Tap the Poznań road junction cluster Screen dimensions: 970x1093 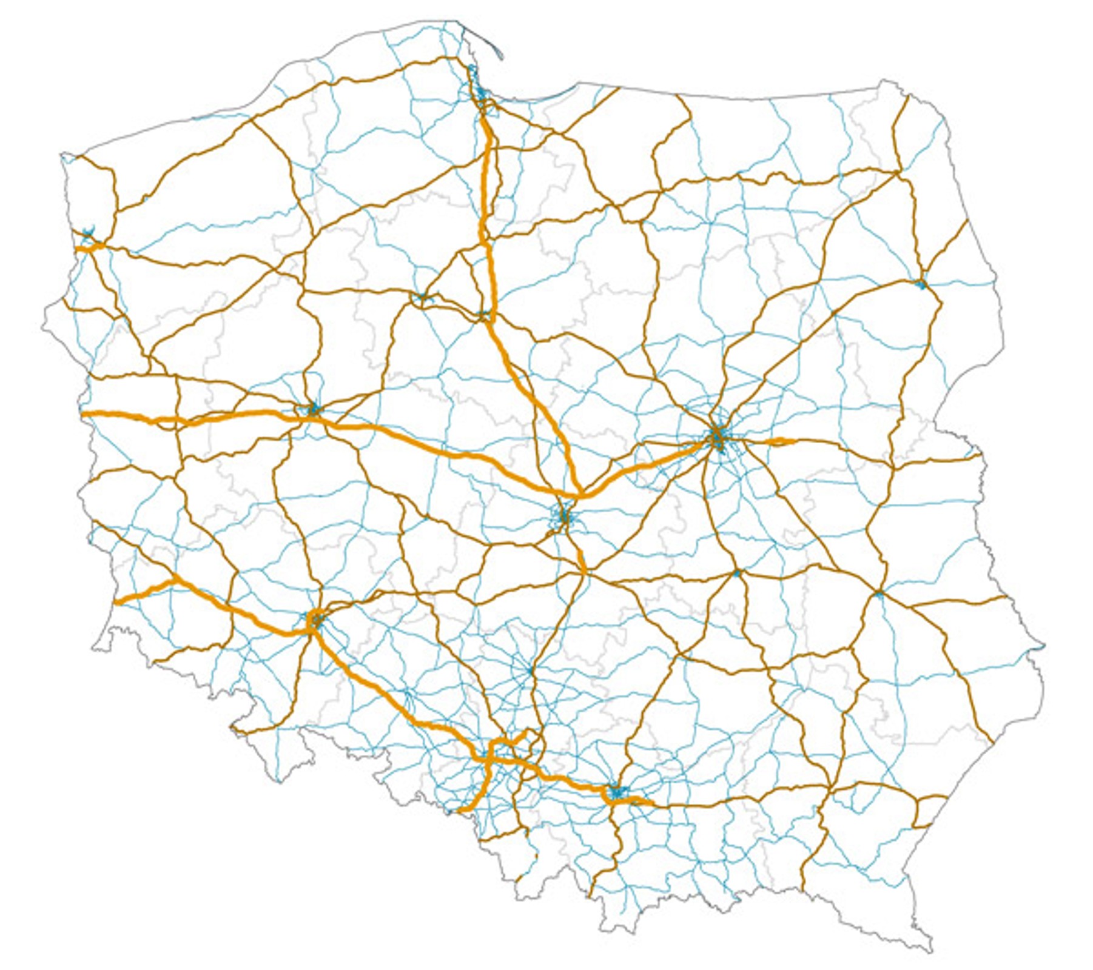click(313, 409)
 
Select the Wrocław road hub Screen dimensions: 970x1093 click(315, 620)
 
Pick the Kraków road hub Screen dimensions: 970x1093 click(617, 792)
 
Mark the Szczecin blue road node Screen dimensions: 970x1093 click(89, 233)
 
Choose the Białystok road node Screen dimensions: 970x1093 click(921, 284)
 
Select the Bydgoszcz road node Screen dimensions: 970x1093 click(423, 296)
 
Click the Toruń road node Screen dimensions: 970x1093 click(484, 315)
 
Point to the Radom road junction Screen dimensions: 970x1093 click(736, 573)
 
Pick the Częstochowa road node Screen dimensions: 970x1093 click(531, 671)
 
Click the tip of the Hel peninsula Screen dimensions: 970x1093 click(502, 59)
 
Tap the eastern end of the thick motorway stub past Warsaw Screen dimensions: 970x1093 click(793, 441)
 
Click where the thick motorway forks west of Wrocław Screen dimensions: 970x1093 click(175, 580)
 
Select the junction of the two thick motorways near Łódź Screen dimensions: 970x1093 click(581, 495)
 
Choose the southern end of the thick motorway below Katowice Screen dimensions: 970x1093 click(459, 810)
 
